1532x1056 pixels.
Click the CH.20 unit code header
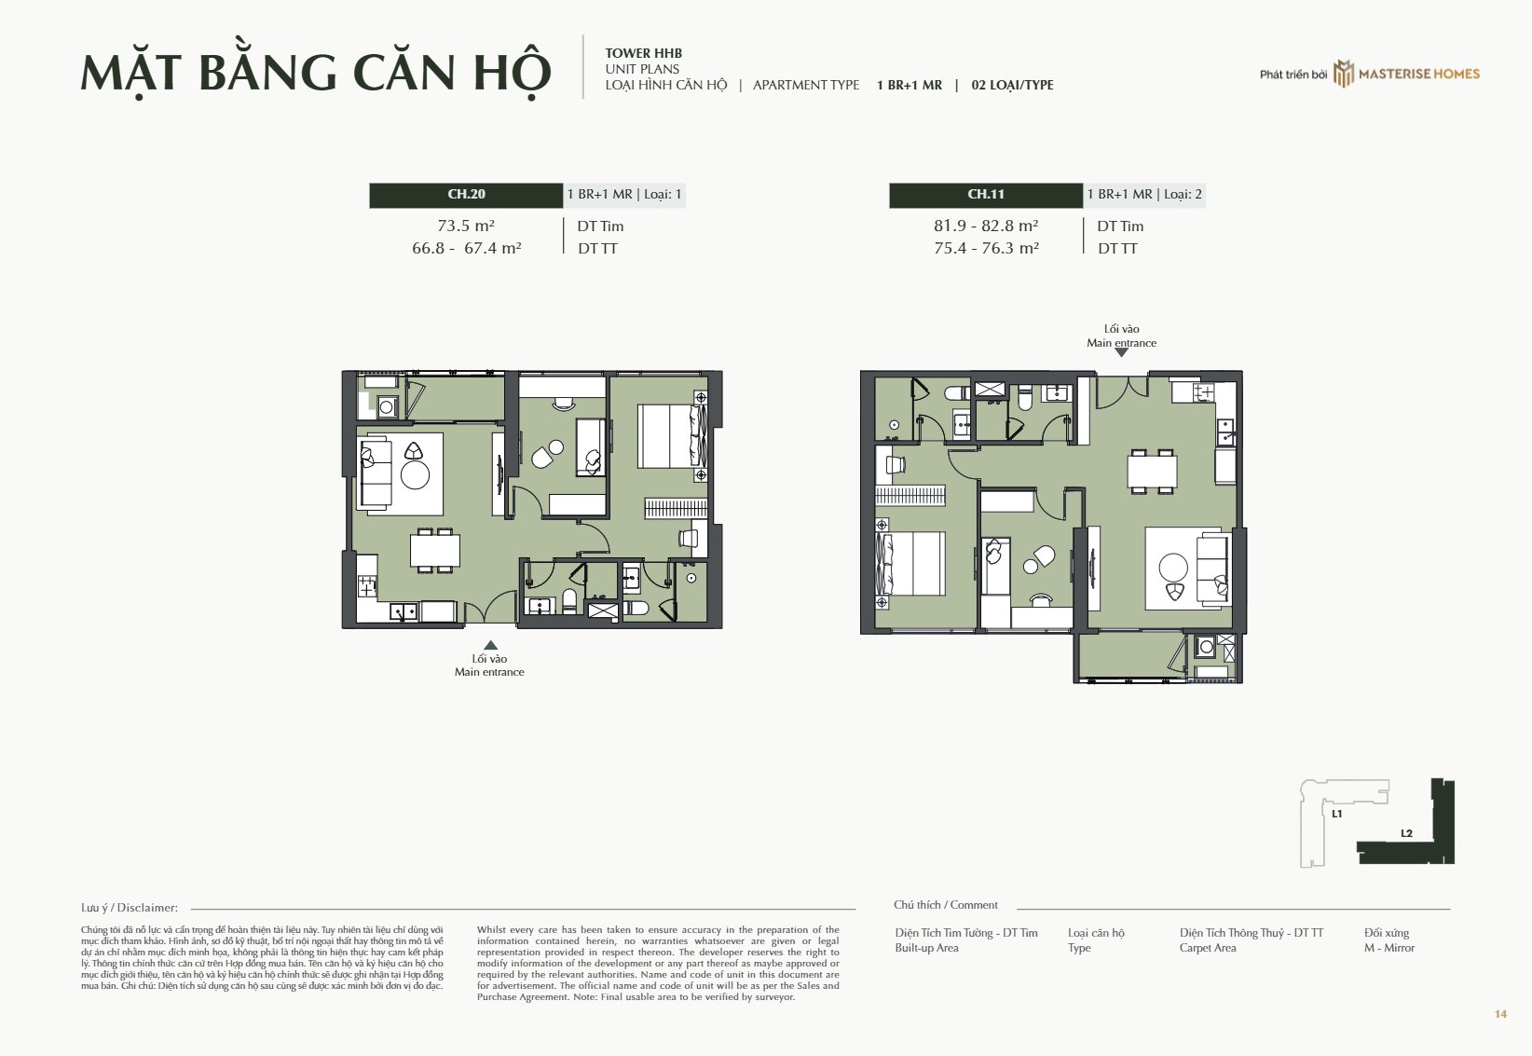pyautogui.click(x=466, y=195)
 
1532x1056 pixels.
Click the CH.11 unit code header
pyautogui.click(x=986, y=195)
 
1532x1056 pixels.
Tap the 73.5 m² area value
pyautogui.click(x=466, y=226)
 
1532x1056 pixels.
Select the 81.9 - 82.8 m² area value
pyautogui.click(x=986, y=226)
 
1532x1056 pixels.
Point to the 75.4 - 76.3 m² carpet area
pyautogui.click(x=986, y=248)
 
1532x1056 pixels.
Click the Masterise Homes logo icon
pyautogui.click(x=1343, y=74)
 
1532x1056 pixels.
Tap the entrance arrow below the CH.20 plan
pyautogui.click(x=490, y=645)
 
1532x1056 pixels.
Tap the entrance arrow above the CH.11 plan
pyautogui.click(x=1122, y=353)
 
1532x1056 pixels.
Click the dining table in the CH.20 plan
pyautogui.click(x=434, y=551)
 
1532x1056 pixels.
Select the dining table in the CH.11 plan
pyautogui.click(x=1152, y=472)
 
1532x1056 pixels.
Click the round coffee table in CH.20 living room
pyautogui.click(x=415, y=475)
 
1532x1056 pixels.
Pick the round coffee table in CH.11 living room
pyautogui.click(x=1173, y=567)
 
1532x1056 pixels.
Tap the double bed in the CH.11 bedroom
pyautogui.click(x=911, y=564)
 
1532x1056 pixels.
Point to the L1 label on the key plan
pyautogui.click(x=1337, y=814)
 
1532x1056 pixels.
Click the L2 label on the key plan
pyautogui.click(x=1407, y=833)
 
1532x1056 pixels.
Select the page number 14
pyautogui.click(x=1500, y=1014)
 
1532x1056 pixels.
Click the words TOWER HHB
pyautogui.click(x=644, y=53)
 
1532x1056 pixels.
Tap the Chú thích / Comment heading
pyautogui.click(x=946, y=905)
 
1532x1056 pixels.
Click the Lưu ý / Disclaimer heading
pyautogui.click(x=130, y=908)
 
